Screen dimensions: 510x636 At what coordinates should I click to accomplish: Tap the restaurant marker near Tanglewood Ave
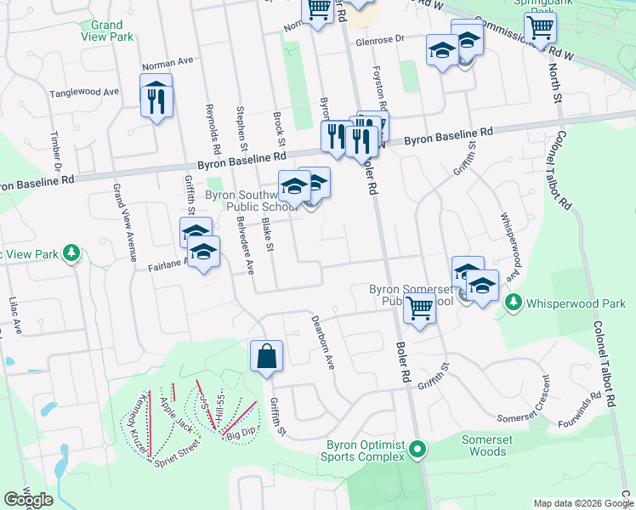[x=156, y=101]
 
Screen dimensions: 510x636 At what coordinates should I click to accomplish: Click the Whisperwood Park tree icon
[x=513, y=303]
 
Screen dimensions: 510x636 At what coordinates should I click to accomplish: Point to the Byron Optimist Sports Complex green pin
[x=417, y=448]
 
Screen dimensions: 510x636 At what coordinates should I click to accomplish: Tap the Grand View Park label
[x=107, y=31]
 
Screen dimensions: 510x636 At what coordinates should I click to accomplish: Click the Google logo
[x=28, y=500]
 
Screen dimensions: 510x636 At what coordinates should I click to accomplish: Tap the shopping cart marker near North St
[x=540, y=28]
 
